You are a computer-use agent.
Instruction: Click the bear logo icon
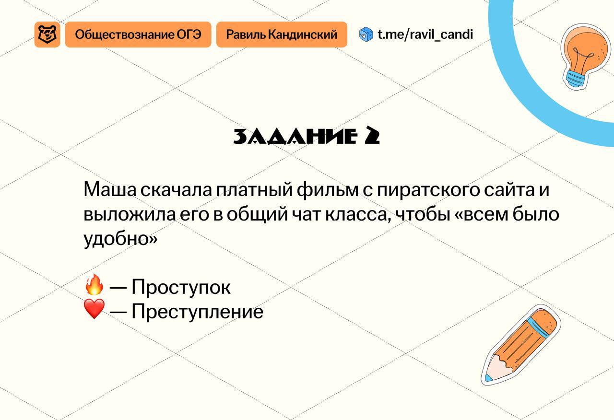click(x=47, y=35)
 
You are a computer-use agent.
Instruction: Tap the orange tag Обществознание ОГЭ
click(x=138, y=35)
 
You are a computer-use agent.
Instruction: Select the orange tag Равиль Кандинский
click(x=282, y=35)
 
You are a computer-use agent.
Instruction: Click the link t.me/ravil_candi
click(x=425, y=35)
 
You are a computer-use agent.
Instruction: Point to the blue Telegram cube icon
click(x=366, y=35)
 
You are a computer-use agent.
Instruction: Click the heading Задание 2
click(x=307, y=136)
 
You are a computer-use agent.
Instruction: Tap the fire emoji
click(x=94, y=285)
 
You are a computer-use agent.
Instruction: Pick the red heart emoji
click(x=94, y=309)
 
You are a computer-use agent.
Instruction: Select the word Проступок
click(x=181, y=287)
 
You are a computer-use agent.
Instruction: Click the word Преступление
click(x=197, y=311)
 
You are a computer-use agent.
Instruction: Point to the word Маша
click(x=110, y=189)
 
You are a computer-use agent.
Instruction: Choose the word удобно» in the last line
click(x=120, y=238)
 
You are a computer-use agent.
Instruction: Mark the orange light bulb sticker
click(x=586, y=57)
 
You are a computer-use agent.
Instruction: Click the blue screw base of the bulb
click(x=576, y=78)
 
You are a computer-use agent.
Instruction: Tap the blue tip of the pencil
click(x=489, y=378)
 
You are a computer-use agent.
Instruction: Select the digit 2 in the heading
click(x=372, y=136)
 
